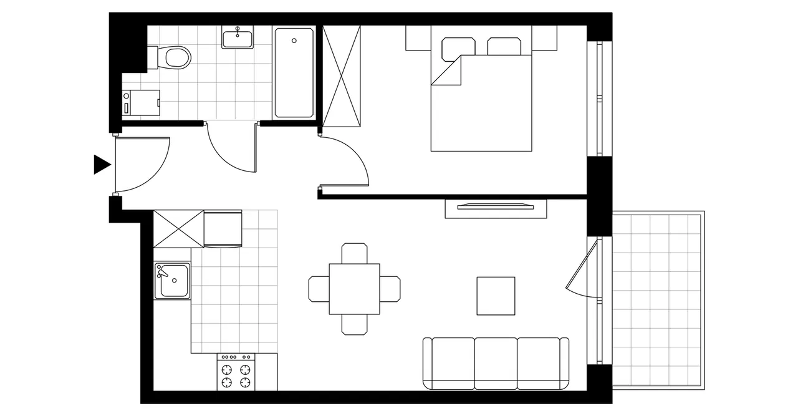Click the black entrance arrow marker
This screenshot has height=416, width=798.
[x=102, y=164]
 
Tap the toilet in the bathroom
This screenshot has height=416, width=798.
[x=175, y=57]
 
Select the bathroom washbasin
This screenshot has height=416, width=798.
[x=238, y=39]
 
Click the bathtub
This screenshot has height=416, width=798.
[x=294, y=72]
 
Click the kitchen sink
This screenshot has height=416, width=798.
[x=172, y=280]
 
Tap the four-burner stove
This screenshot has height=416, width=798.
[x=237, y=373]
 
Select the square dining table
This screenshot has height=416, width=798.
[x=354, y=289]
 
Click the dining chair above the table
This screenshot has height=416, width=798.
[x=354, y=253]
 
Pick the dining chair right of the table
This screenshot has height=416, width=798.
[x=390, y=289]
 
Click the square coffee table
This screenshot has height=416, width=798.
[x=496, y=296]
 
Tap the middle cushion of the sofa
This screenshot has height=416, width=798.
[x=496, y=363]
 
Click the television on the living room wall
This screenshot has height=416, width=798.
[x=496, y=206]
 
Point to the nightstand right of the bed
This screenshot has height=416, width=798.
[x=544, y=39]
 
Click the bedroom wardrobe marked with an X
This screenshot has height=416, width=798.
[x=342, y=76]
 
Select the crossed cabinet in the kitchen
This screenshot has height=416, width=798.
[x=179, y=229]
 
